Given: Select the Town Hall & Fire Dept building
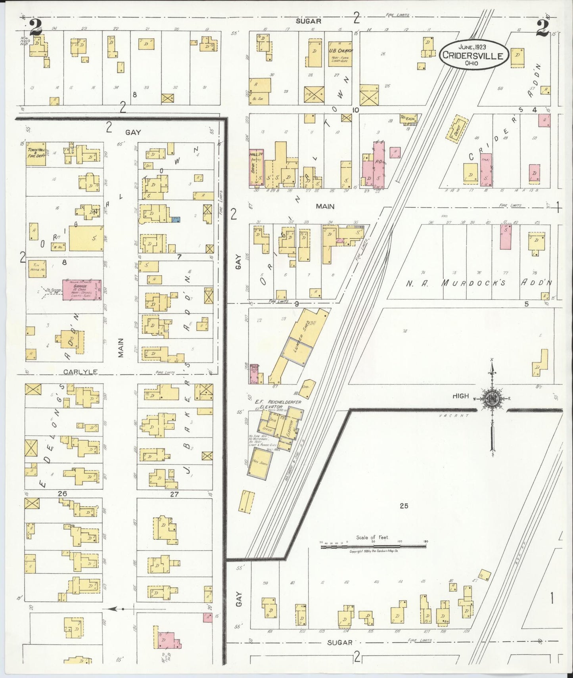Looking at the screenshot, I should [x=36, y=154].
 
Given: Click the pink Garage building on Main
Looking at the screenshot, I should [x=82, y=289].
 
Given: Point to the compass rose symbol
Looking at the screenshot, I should [x=492, y=400].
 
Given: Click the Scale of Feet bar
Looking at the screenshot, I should [x=373, y=546].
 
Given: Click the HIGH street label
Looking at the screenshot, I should [x=461, y=396].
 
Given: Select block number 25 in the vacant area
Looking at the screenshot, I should [x=404, y=506].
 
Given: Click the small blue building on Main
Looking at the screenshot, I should [x=176, y=219].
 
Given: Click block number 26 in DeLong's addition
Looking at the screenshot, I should [x=62, y=494].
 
